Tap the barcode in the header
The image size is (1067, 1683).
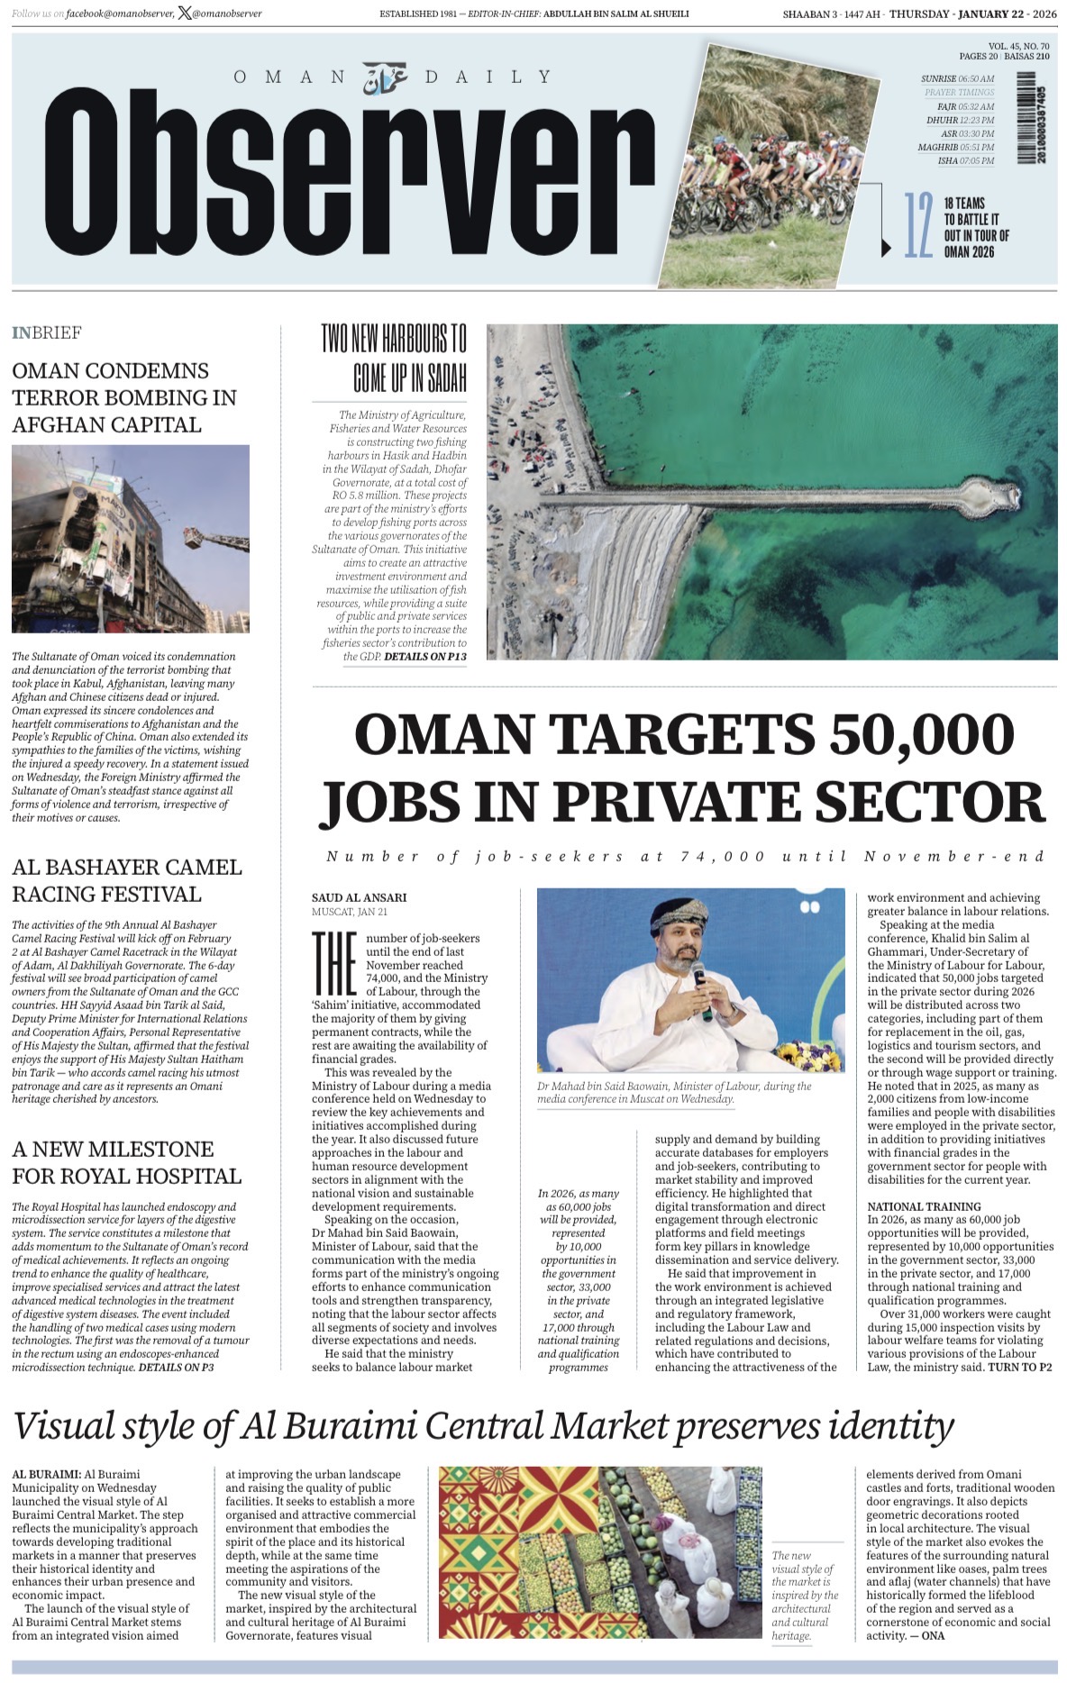[x=1026, y=118]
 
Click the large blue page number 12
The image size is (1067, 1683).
[x=917, y=225]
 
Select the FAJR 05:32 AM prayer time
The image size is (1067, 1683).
[x=965, y=106]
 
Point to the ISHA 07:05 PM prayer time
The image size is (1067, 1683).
[x=965, y=161]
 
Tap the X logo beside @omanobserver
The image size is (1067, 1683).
[x=185, y=14]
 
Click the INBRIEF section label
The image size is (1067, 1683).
[x=47, y=333]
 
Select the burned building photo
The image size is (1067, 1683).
[x=130, y=539]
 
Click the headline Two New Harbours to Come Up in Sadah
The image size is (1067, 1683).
[x=395, y=358]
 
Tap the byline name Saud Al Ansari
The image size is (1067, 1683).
[x=359, y=897]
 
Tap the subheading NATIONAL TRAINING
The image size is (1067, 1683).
[x=924, y=1206]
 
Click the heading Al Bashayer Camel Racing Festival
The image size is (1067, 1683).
[x=127, y=880]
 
